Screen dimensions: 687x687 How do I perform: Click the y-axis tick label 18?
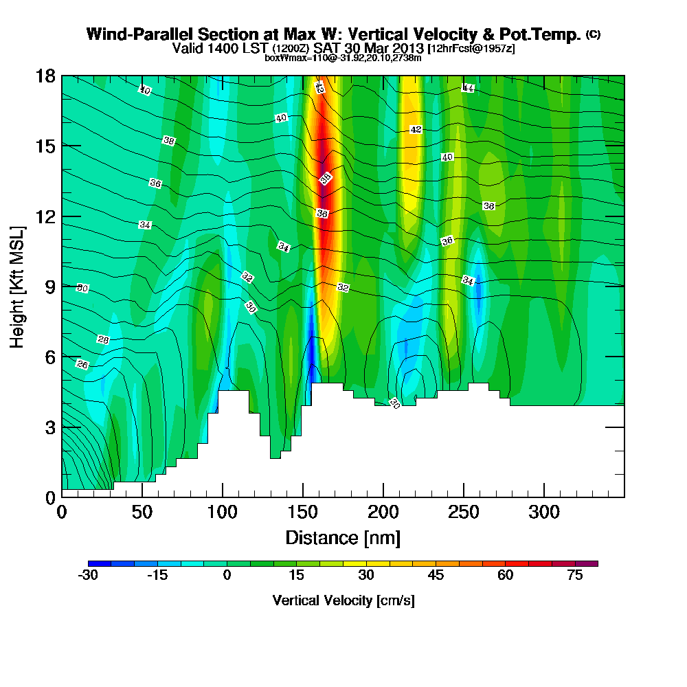tap(46, 76)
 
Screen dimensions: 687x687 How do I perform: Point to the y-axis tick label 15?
tap(46, 146)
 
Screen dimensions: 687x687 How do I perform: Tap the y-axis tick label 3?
tap(50, 427)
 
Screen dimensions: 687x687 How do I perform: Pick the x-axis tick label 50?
tap(142, 513)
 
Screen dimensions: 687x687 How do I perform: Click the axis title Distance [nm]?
tap(343, 537)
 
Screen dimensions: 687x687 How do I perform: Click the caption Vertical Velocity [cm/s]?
tap(343, 600)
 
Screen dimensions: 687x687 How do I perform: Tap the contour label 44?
tap(468, 88)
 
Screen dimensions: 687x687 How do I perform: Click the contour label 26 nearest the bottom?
tap(82, 365)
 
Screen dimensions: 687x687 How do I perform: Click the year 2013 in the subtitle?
tap(405, 49)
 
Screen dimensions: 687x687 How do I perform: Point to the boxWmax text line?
tap(343, 58)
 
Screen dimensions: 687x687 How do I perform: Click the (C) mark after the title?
tap(593, 34)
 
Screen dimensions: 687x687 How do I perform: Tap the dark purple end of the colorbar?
tap(592, 563)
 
